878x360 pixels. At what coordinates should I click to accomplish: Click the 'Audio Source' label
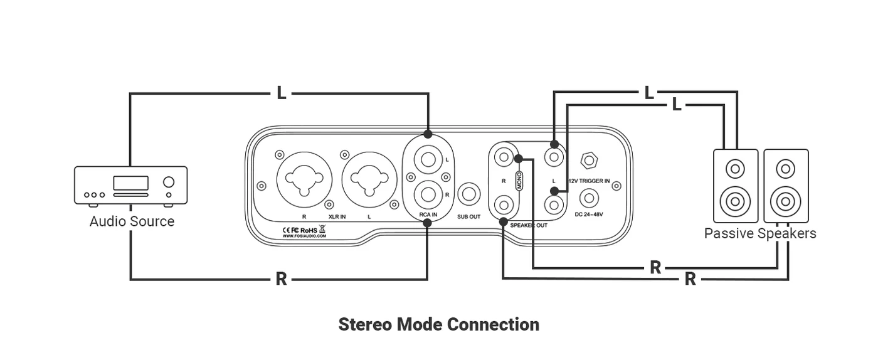(x=132, y=221)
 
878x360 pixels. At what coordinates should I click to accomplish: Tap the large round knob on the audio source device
(x=168, y=183)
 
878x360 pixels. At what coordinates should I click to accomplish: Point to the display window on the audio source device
(x=130, y=183)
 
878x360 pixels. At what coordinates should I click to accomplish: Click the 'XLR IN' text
(x=337, y=216)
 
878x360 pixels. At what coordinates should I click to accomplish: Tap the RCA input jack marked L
(x=428, y=159)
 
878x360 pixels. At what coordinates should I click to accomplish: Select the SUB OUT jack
(x=469, y=194)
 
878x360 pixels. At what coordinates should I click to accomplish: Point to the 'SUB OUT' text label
(x=469, y=216)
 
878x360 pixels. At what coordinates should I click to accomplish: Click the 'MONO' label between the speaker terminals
(x=519, y=181)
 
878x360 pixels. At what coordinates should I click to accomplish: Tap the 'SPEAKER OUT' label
(x=529, y=225)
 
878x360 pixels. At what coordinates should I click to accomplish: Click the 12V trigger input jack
(x=588, y=161)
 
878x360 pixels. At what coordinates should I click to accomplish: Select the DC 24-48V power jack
(x=588, y=198)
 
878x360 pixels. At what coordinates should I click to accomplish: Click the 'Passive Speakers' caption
(x=760, y=234)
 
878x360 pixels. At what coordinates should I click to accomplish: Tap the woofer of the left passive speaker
(x=735, y=202)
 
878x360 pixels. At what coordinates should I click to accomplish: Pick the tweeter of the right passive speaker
(x=785, y=169)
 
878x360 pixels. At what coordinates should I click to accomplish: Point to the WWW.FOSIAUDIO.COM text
(x=304, y=236)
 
